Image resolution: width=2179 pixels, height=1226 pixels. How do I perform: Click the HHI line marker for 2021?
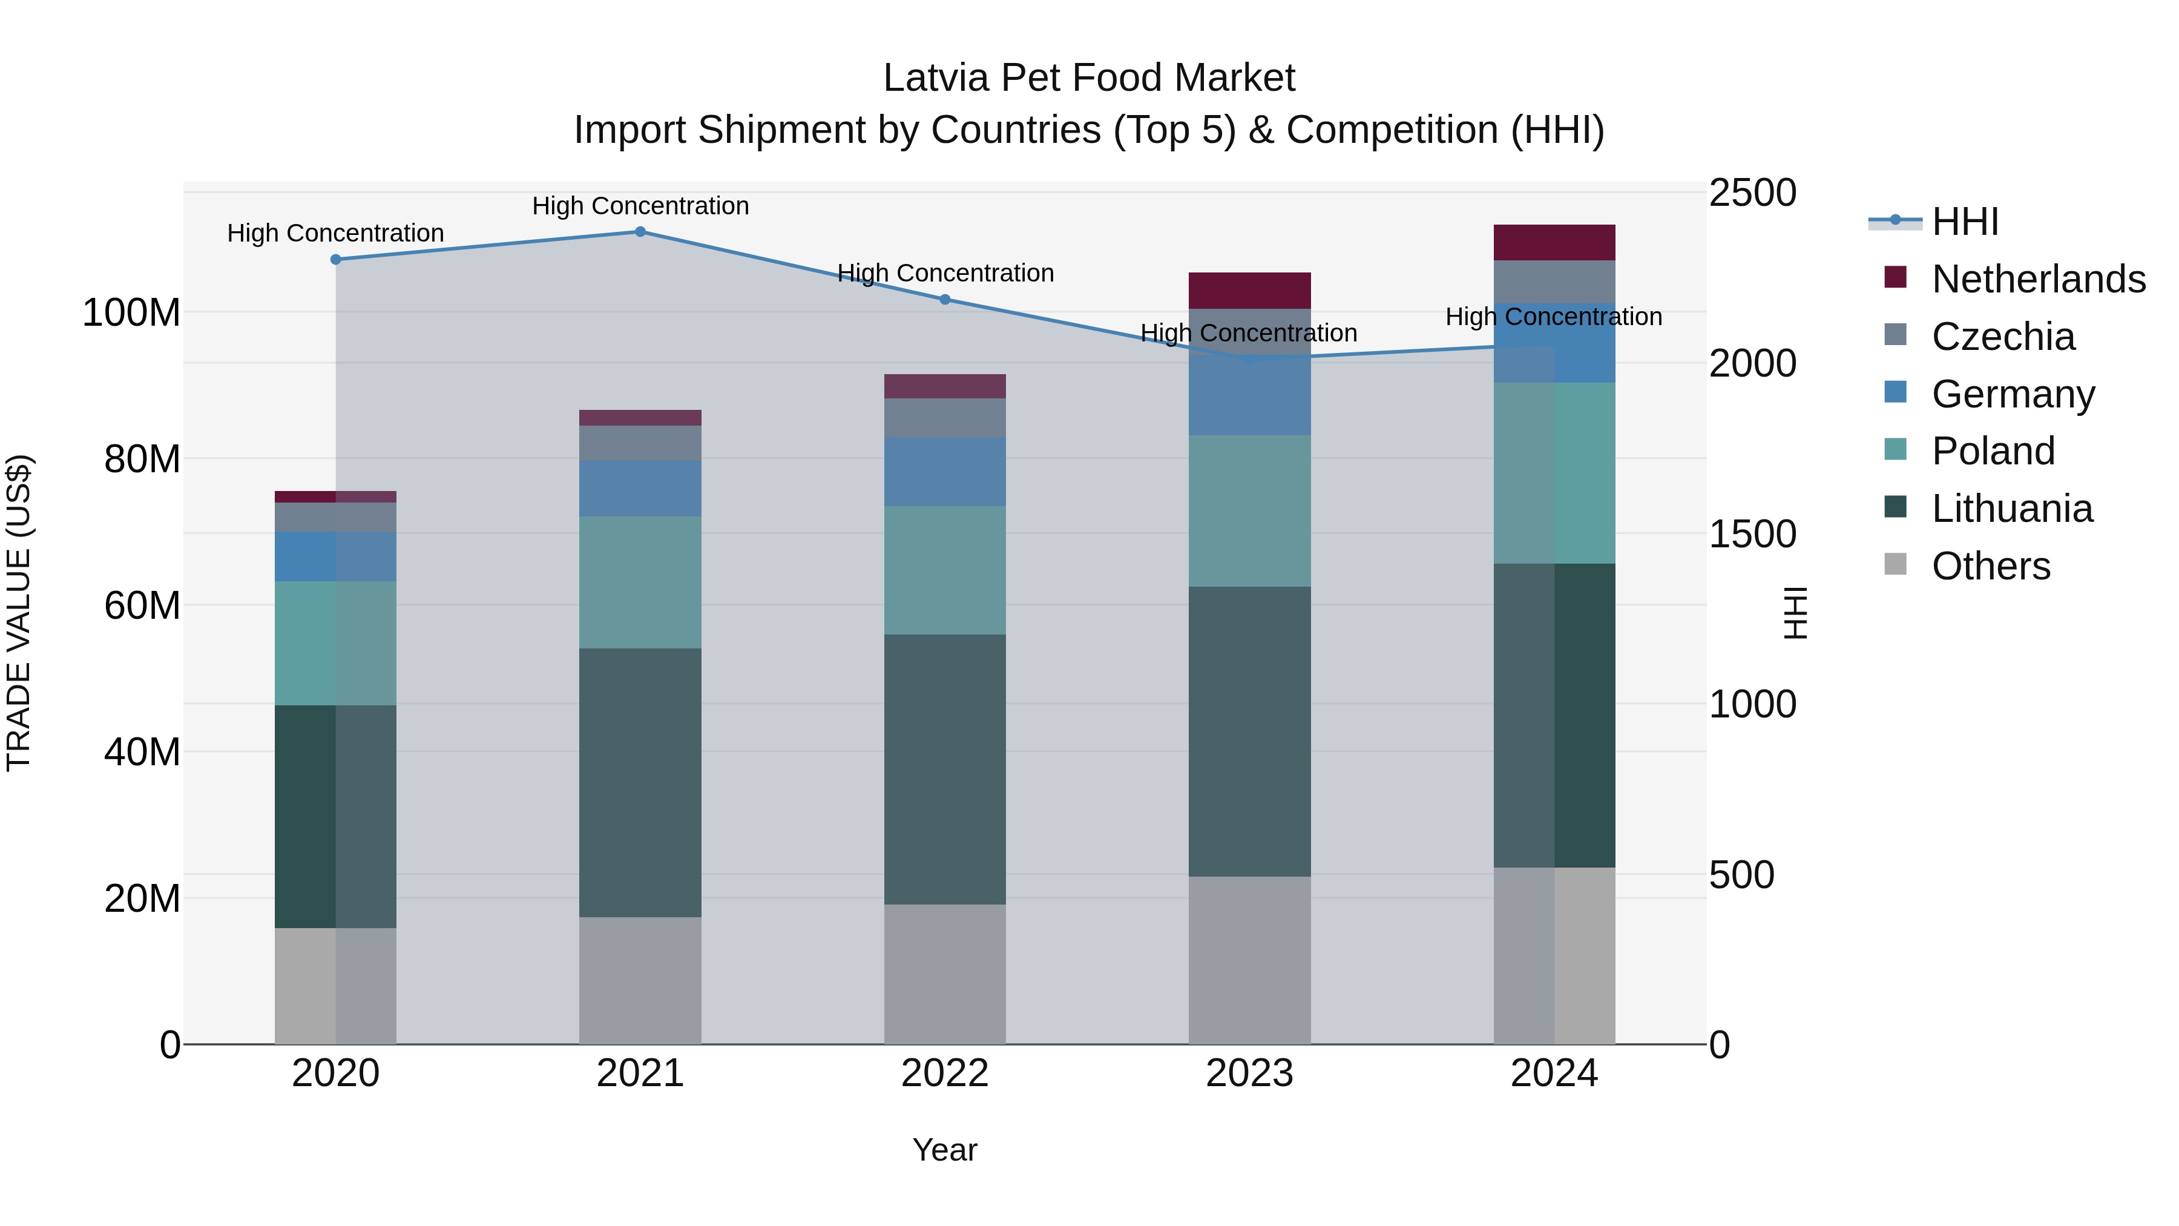coord(640,232)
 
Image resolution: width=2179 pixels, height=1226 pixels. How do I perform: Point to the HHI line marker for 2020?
coord(336,260)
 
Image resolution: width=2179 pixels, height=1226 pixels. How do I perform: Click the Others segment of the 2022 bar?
coord(945,974)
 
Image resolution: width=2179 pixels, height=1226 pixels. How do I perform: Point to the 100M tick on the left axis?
coord(131,313)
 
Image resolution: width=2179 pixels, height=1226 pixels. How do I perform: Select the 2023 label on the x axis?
coord(1249,1073)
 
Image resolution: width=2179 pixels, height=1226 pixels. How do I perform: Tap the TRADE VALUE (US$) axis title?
coord(19,613)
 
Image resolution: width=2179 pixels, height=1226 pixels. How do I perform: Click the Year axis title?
coord(945,1150)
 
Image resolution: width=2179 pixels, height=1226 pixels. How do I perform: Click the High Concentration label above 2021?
coord(640,206)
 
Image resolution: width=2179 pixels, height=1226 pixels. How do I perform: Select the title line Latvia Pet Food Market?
coord(1089,78)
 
